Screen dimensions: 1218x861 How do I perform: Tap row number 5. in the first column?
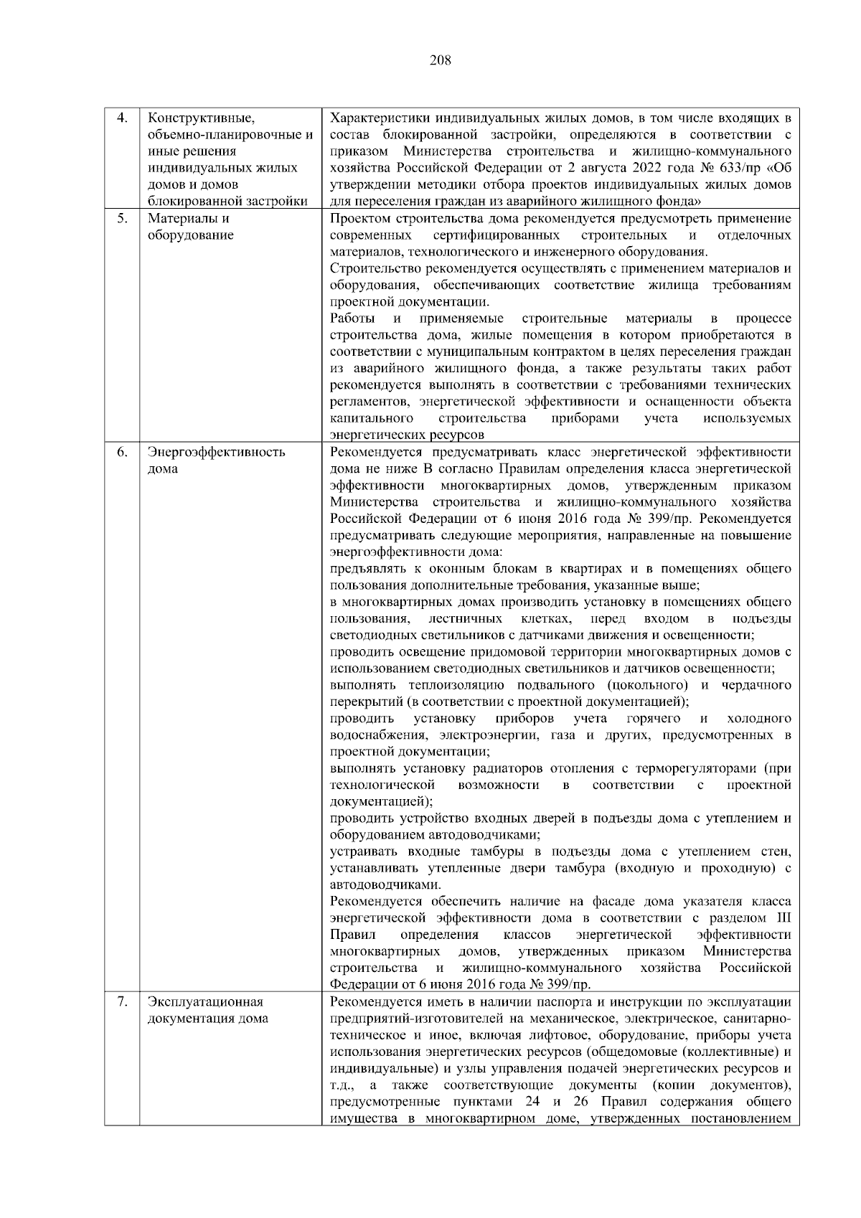coord(122,219)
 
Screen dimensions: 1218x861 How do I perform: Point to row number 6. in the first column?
coord(122,452)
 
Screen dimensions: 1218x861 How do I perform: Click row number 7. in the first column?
coord(122,1002)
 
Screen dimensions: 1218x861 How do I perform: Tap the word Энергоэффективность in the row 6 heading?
coord(216,452)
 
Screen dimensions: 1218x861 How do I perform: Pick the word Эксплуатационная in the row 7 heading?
coord(205,1002)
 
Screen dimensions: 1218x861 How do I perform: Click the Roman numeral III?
coord(784,918)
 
